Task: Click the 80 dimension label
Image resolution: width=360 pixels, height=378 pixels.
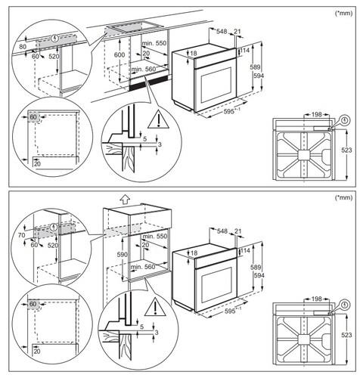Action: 23,47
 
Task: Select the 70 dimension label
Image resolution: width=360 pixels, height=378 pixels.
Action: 22,235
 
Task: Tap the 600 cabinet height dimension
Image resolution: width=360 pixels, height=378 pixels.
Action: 119,54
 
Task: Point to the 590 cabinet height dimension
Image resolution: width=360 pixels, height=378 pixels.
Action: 123,255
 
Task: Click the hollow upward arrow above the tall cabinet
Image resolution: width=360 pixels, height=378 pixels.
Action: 125,200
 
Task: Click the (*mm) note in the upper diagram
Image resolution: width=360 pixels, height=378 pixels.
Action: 343,13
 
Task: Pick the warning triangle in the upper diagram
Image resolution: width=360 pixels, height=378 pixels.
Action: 159,119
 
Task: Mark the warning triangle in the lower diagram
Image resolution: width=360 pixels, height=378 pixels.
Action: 155,307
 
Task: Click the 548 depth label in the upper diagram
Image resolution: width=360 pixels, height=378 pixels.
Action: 222,32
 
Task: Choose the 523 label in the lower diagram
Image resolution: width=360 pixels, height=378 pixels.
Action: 346,335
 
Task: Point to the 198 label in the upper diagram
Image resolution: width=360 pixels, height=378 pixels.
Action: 317,114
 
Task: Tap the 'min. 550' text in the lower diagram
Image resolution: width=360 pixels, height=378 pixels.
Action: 155,237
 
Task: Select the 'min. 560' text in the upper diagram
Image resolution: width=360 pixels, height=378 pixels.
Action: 143,69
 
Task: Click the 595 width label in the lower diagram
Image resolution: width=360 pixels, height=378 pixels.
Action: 230,311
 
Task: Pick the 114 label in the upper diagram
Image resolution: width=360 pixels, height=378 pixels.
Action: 244,51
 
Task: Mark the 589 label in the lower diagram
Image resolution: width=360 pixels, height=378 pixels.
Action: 256,267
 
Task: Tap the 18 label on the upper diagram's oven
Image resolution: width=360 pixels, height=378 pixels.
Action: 194,53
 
